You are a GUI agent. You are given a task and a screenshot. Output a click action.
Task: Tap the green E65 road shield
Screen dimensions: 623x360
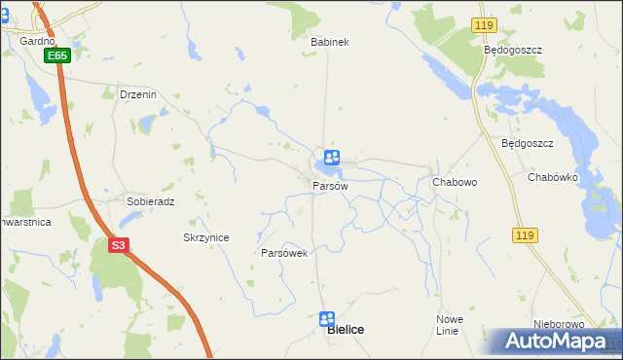pos(56,56)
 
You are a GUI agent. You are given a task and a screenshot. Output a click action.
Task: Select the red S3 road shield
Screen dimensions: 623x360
pos(118,246)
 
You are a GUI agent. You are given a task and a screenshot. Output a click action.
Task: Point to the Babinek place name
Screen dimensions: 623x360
pos(329,42)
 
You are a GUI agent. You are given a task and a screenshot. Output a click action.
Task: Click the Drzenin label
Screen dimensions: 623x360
pos(137,94)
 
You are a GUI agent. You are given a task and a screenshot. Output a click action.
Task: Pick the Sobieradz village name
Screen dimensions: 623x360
pos(150,201)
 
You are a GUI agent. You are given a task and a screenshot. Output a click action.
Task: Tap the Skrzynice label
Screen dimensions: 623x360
pos(205,237)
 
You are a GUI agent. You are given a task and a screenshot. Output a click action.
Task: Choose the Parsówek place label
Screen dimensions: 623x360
pos(284,253)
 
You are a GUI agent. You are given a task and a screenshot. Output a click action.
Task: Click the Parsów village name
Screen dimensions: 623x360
pos(329,185)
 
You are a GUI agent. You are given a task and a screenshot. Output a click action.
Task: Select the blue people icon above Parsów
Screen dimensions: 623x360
pos(332,157)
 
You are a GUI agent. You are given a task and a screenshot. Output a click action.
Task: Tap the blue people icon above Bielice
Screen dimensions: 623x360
pos(327,318)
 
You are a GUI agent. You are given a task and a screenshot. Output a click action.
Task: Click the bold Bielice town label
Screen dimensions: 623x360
pos(346,331)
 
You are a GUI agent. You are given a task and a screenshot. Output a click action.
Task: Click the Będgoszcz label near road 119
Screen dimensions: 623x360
pos(527,143)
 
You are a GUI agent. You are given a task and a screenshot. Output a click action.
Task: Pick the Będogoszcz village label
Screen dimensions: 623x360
pos(512,49)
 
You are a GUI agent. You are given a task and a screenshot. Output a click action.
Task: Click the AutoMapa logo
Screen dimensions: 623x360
pos(554,342)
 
